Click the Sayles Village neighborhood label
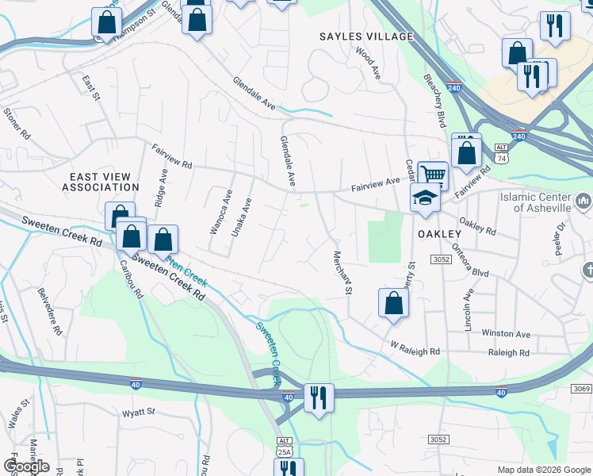tap(366, 36)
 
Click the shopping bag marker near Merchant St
tap(394, 304)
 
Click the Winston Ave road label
tap(506, 334)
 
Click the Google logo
tap(25, 466)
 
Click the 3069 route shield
tap(580, 388)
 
